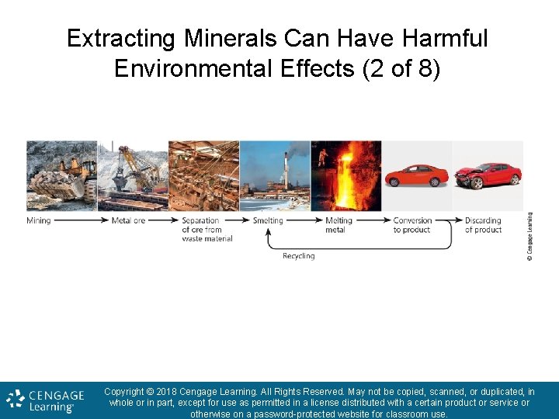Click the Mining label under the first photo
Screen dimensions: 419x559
tap(39, 220)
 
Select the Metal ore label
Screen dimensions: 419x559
tap(128, 220)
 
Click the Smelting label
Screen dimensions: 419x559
tap(268, 220)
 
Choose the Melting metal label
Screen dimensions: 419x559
tap(339, 225)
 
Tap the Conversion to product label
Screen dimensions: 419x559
tap(412, 225)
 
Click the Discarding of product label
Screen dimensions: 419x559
tap(483, 225)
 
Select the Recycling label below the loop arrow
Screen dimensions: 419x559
tap(298, 256)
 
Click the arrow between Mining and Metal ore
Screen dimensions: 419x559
tap(81, 220)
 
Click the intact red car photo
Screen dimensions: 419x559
tap(417, 175)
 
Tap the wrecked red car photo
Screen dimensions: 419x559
tap(488, 176)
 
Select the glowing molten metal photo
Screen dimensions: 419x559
tap(346, 175)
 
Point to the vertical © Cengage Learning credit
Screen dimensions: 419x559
tap(529, 237)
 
